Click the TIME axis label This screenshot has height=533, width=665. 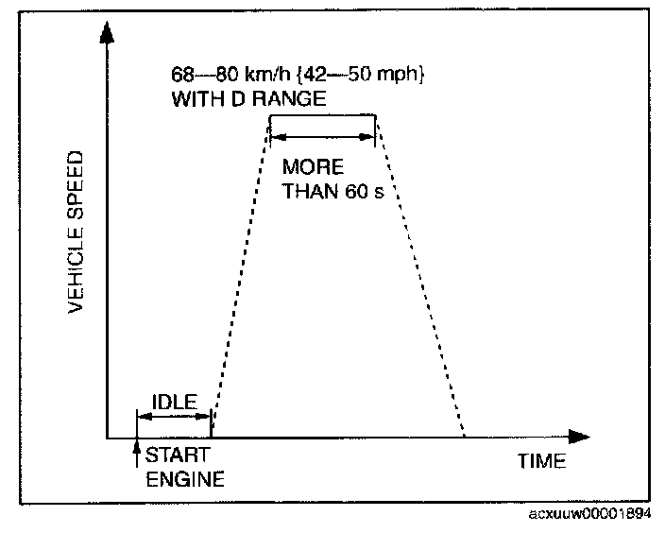[541, 462]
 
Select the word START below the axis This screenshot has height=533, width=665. [171, 455]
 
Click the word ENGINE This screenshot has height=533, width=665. [184, 478]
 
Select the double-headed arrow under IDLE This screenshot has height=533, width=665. [173, 415]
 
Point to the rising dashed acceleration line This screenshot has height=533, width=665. [240, 274]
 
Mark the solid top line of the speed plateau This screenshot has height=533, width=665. [323, 116]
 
